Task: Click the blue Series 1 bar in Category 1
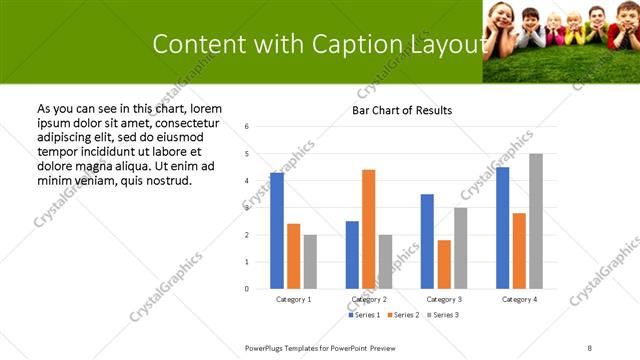click(x=277, y=231)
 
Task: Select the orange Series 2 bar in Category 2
click(x=369, y=229)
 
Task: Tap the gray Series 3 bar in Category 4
click(x=536, y=221)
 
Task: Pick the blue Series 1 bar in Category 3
click(x=427, y=241)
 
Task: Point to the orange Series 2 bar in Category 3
click(x=444, y=264)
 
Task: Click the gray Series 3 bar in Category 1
click(x=310, y=262)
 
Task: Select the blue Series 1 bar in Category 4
click(x=502, y=228)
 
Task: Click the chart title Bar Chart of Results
click(x=402, y=110)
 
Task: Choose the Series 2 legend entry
click(x=403, y=315)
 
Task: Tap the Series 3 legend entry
click(x=443, y=315)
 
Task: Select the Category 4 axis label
click(x=519, y=299)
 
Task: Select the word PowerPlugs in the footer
click(x=265, y=347)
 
